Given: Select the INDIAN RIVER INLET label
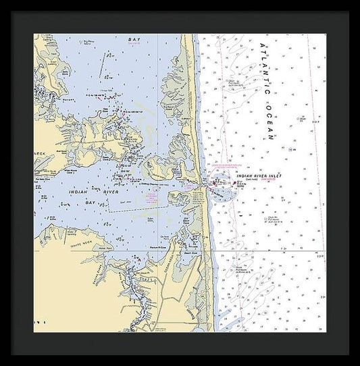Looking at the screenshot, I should point(258,176).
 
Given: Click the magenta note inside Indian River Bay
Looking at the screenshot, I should point(152,198).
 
